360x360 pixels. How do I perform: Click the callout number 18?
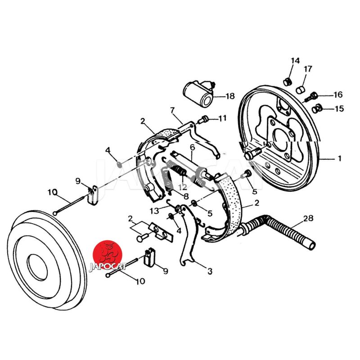(x=230, y=96)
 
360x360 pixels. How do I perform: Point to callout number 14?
(x=295, y=61)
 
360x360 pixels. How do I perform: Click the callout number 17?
(x=308, y=69)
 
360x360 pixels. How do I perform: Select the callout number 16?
(x=337, y=94)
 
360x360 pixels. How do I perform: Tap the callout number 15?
(x=338, y=108)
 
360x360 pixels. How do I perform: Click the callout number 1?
(x=340, y=158)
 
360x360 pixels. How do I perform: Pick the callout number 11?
(x=223, y=118)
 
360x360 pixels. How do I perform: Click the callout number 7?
(x=172, y=110)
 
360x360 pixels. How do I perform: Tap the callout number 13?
(x=154, y=211)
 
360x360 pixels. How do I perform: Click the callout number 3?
(x=210, y=271)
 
